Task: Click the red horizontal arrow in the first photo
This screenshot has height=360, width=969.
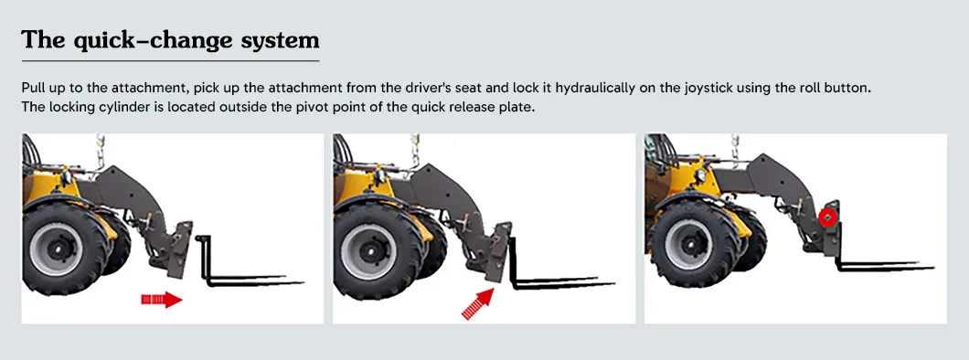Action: [162, 299]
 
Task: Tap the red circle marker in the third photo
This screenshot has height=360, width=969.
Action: [828, 217]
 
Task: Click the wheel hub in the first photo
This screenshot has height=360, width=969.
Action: [56, 246]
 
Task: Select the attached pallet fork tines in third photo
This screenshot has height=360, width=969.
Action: [882, 265]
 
